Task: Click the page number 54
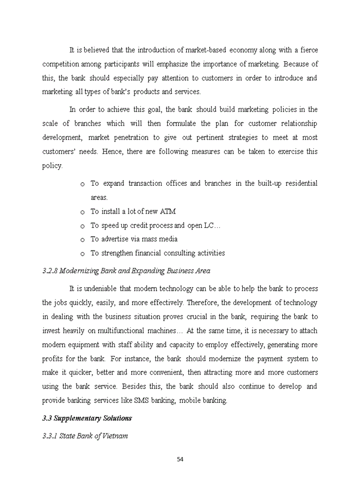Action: coord(180,460)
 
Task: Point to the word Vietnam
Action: coord(115,436)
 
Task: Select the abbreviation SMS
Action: coord(141,400)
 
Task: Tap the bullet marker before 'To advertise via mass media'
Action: coord(82,240)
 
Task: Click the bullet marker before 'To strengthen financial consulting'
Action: coord(82,254)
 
